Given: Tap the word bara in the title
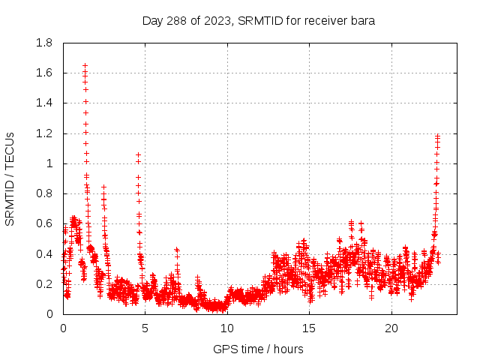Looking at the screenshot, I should (x=363, y=20).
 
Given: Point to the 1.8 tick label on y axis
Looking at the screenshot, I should (x=44, y=43).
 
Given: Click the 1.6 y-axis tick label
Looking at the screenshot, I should (x=44, y=73).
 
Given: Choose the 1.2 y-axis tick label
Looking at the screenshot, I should (x=44, y=133).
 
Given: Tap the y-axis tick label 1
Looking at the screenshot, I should (x=49, y=163).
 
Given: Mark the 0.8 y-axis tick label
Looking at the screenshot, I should (x=44, y=193).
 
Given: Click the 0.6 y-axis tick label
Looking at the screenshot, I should (x=44, y=223).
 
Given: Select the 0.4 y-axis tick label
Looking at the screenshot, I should (x=44, y=254).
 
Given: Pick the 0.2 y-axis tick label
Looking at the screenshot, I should (x=44, y=284).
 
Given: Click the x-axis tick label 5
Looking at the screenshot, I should (x=145, y=328).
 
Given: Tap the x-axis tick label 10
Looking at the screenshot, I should (x=227, y=328).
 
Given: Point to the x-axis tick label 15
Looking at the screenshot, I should (x=310, y=328).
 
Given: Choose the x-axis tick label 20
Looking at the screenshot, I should (x=391, y=328).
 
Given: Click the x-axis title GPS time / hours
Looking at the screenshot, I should (x=258, y=349).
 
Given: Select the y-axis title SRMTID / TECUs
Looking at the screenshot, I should (x=10, y=179).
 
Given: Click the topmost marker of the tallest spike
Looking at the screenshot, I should (x=85, y=65).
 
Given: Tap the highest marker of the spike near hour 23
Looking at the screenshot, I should (x=437, y=136).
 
